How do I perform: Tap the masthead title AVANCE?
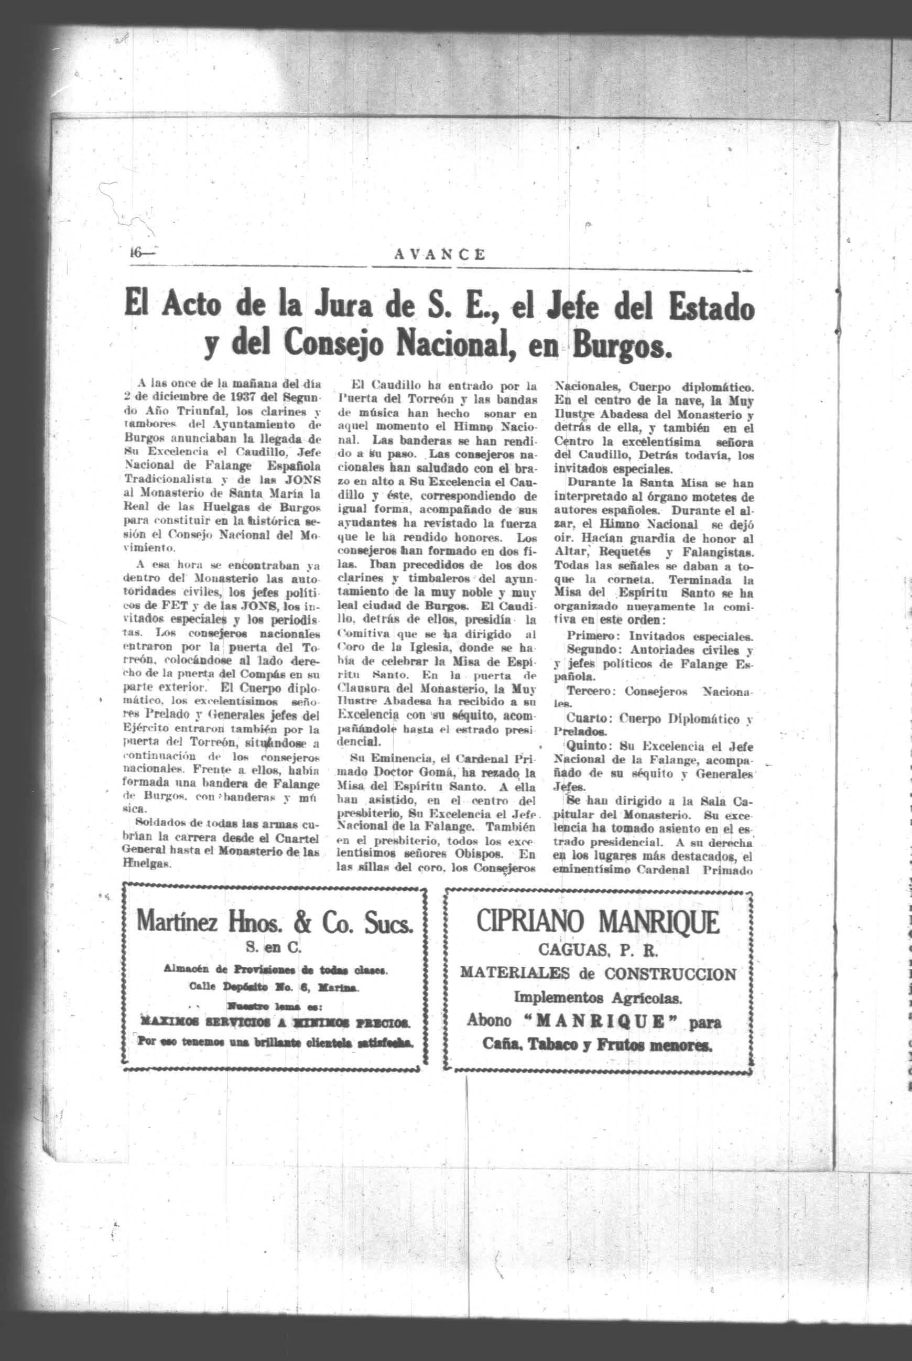click(440, 254)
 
